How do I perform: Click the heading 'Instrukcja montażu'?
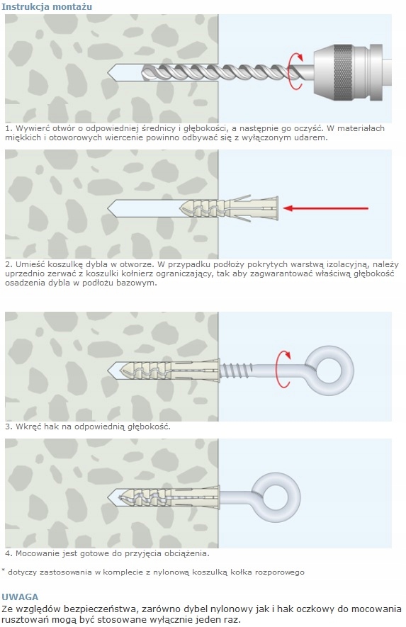tap(47, 7)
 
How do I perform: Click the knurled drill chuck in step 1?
tap(343, 72)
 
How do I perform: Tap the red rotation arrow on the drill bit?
tap(296, 71)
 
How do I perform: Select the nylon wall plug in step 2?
tap(229, 208)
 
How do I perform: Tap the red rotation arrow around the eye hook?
tap(284, 369)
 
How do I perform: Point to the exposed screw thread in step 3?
tap(236, 370)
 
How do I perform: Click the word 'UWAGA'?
tap(20, 597)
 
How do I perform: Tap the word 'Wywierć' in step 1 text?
tap(30, 129)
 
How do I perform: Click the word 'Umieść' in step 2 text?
tap(30, 264)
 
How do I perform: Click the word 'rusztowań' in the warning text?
tap(23, 620)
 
